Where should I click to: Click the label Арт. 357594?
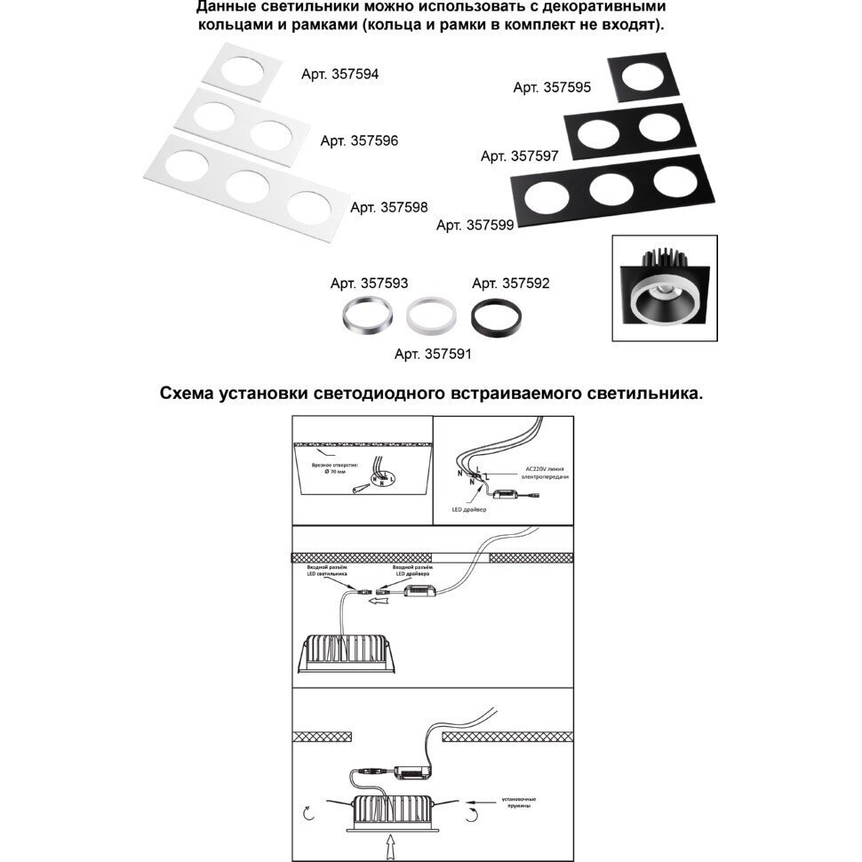pyautogui.click(x=339, y=76)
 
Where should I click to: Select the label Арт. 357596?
pyautogui.click(x=359, y=140)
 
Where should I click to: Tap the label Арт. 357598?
pyautogui.click(x=389, y=207)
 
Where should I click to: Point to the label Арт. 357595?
pyautogui.click(x=552, y=87)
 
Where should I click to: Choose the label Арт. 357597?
pyautogui.click(x=519, y=156)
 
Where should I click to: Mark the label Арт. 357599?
pyautogui.click(x=475, y=226)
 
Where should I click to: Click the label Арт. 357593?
pyautogui.click(x=369, y=284)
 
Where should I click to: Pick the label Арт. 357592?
pyautogui.click(x=510, y=284)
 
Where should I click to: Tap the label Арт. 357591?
pyautogui.click(x=433, y=354)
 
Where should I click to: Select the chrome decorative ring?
pyautogui.click(x=365, y=315)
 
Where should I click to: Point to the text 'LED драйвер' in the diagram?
pyautogui.click(x=468, y=509)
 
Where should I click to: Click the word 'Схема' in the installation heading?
pyautogui.click(x=190, y=393)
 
